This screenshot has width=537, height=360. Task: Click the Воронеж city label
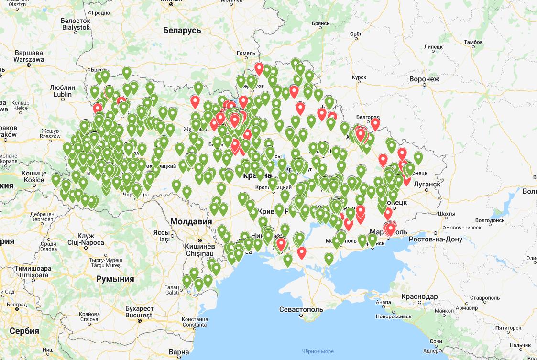424,79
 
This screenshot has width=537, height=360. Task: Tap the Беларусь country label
182,30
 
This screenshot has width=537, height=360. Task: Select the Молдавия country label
191,222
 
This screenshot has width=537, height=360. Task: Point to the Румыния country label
115,279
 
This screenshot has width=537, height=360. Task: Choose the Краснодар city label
419,297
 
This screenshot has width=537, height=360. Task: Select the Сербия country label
23,331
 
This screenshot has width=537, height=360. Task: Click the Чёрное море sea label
318,351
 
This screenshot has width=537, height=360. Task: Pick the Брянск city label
320,23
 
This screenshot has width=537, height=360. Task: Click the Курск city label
359,77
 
